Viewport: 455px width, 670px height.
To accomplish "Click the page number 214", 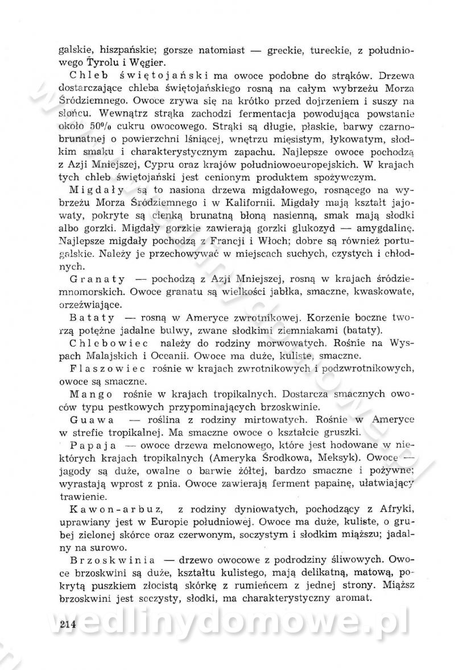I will click(x=68, y=624).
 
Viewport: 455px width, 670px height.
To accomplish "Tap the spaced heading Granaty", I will click(x=94, y=280).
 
